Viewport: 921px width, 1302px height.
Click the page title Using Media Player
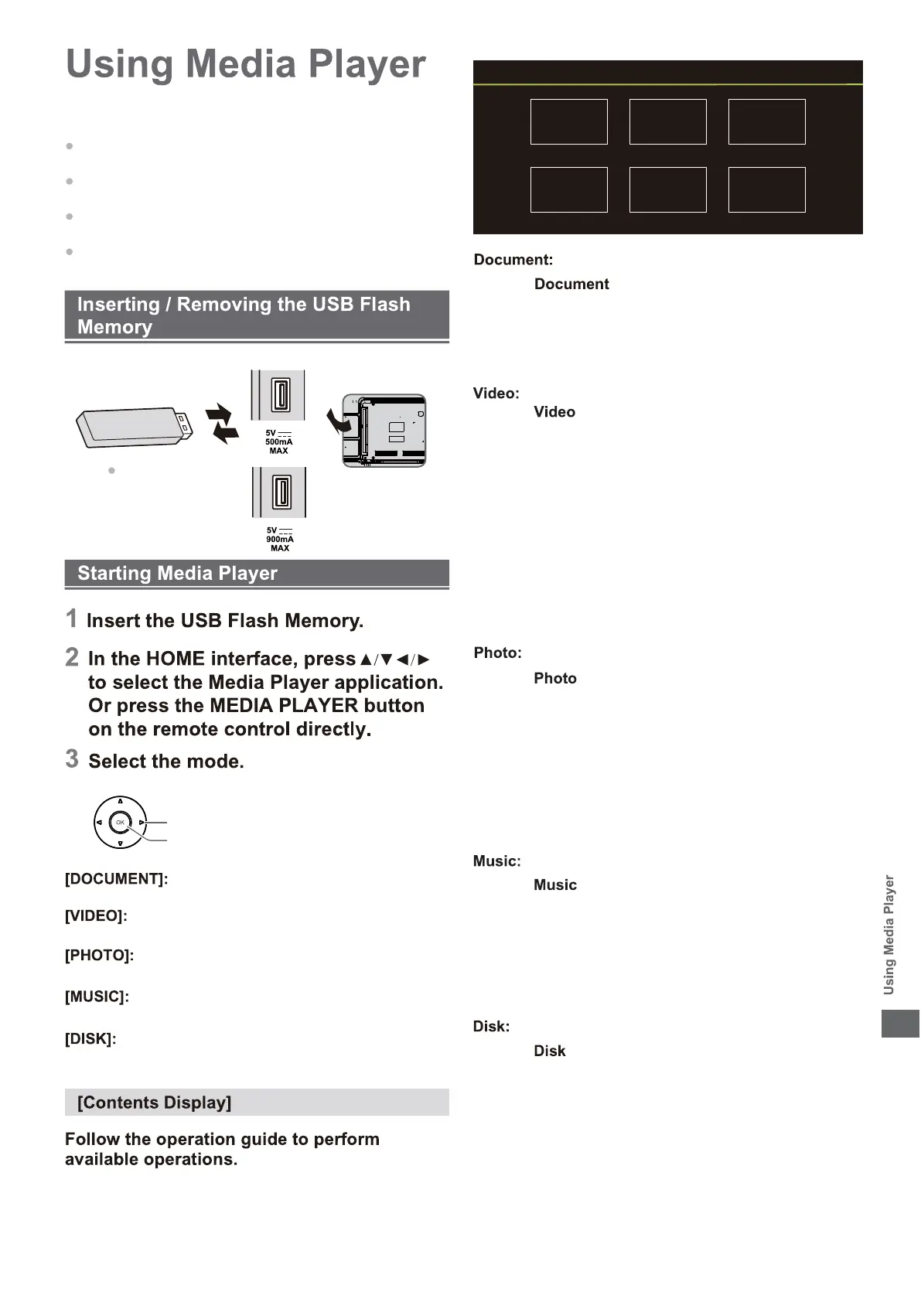(x=245, y=64)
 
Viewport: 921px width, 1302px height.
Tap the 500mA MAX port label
(x=278, y=442)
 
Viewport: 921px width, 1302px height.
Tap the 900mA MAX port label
(x=279, y=539)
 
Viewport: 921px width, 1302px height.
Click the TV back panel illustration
(x=384, y=431)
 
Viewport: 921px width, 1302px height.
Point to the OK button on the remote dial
(x=120, y=823)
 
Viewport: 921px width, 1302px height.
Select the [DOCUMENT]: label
(x=116, y=879)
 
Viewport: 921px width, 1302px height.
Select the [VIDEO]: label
(x=96, y=916)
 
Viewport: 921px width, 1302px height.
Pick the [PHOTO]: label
(x=99, y=956)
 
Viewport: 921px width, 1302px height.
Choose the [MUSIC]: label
(x=97, y=997)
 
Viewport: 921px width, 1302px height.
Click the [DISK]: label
(x=90, y=1039)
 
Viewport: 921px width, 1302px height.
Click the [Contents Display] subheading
(x=154, y=1103)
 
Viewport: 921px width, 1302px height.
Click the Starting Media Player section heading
(x=177, y=574)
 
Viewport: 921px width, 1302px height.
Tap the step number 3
(x=72, y=759)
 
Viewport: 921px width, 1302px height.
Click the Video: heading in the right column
(x=496, y=394)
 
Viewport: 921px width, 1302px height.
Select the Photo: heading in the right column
(x=497, y=653)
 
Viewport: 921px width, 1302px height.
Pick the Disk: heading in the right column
(x=491, y=1027)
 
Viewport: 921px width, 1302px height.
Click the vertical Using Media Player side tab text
(x=889, y=934)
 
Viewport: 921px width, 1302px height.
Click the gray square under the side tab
(x=900, y=1024)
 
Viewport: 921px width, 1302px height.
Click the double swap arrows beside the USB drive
(x=222, y=424)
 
